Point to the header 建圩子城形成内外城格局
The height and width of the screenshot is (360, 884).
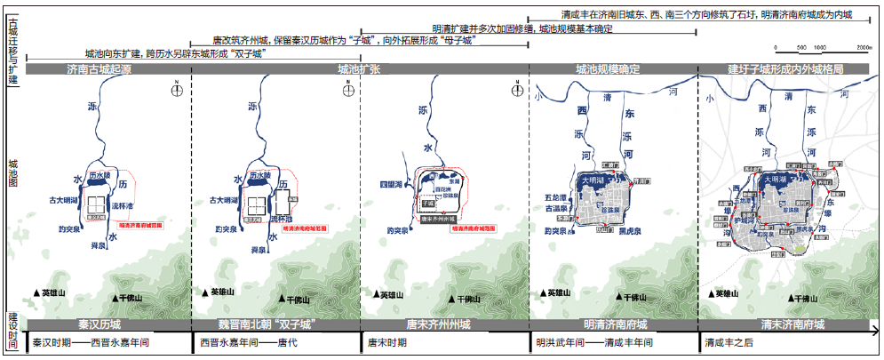(784, 68)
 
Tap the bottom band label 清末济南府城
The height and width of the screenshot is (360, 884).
(784, 324)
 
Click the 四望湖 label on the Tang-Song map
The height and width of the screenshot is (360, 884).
(392, 184)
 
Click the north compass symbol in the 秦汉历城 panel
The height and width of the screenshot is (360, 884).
(178, 87)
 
